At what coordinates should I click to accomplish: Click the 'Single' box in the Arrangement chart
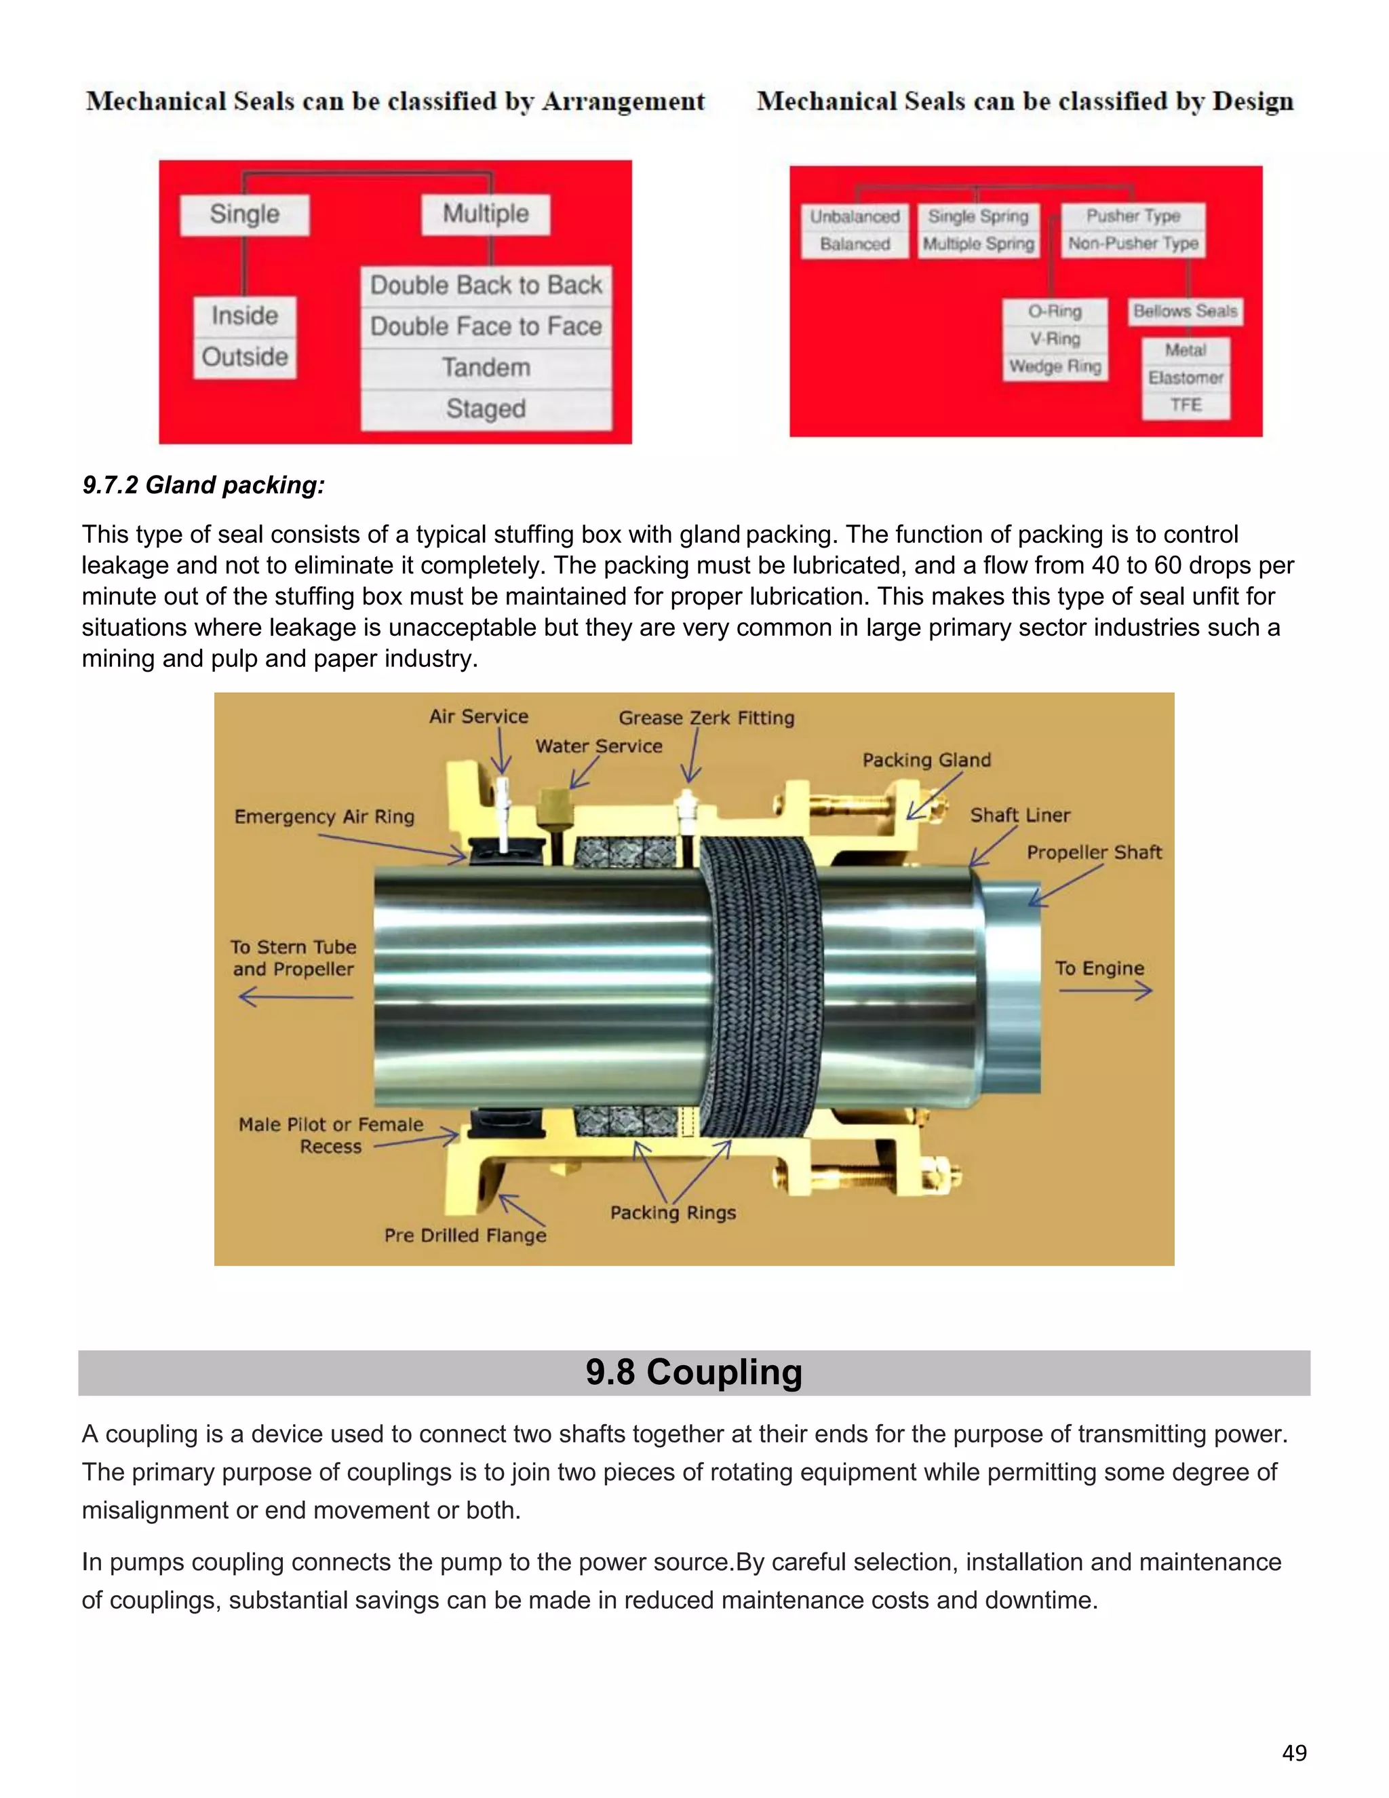click(244, 214)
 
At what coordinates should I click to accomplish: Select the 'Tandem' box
click(486, 367)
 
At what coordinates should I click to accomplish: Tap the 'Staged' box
click(486, 408)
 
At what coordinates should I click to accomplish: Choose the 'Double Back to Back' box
click(486, 285)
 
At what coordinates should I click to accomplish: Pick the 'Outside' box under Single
click(244, 358)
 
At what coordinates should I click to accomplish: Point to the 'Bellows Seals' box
click(1185, 311)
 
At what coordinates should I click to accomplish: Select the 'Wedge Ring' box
click(1055, 366)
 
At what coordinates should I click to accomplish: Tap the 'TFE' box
click(1186, 405)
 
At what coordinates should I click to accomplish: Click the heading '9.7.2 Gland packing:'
click(203, 485)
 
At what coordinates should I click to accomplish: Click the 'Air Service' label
click(478, 716)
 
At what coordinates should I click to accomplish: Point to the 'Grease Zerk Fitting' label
click(706, 718)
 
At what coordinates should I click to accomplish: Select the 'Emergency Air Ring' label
click(324, 817)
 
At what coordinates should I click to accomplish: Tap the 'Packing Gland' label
click(926, 760)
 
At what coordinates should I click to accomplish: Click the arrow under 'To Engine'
click(1104, 991)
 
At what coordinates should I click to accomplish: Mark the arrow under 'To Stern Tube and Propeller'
click(296, 997)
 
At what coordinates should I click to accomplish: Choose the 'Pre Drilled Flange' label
click(465, 1235)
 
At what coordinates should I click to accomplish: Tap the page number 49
click(1293, 1753)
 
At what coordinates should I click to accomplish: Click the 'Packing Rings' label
click(672, 1212)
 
